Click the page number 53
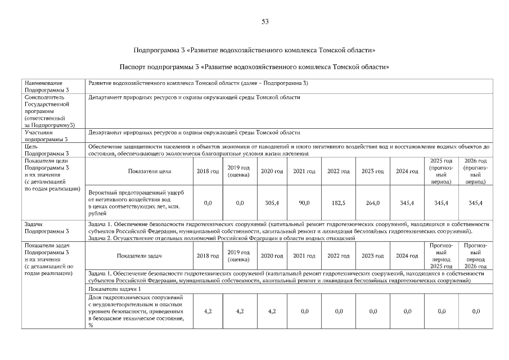[x=265, y=21]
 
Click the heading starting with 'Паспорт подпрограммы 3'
[x=254, y=66]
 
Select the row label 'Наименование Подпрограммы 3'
[x=47, y=86]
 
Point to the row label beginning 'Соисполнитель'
[x=49, y=111]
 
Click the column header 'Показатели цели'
[x=150, y=171]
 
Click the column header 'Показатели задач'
[x=139, y=256]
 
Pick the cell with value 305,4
[x=272, y=202]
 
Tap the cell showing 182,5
[x=339, y=202]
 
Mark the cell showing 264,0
[x=373, y=202]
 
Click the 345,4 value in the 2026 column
[x=475, y=202]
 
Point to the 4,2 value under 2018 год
[x=208, y=310]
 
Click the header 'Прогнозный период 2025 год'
[x=441, y=256]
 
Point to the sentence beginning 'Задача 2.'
[x=222, y=238]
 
